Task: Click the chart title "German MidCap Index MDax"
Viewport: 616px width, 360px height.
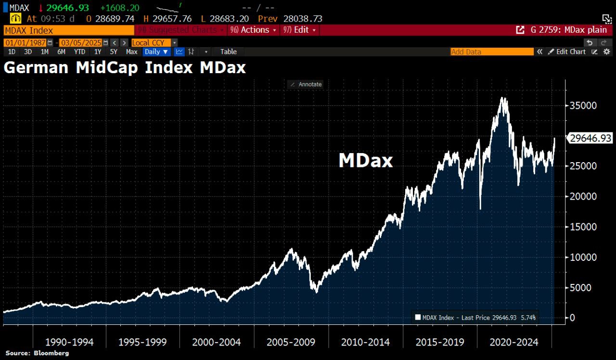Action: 125,67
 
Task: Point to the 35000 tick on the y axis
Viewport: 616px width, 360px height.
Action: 583,105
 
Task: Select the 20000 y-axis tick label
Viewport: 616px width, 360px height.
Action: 583,196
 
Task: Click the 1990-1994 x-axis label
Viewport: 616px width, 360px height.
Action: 69,342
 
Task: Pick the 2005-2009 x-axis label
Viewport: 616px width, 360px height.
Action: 291,342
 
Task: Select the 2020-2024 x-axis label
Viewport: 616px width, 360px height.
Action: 514,342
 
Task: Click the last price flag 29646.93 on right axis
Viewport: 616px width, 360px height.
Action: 590,139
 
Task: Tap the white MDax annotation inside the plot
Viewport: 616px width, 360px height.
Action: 366,161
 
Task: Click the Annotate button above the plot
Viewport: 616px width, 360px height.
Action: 305,84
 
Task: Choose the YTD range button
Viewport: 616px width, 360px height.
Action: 80,51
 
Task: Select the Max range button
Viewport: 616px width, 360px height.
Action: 131,51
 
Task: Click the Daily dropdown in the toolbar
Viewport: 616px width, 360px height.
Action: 156,51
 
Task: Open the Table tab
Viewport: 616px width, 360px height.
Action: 229,51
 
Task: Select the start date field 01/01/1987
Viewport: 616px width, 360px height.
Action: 25,42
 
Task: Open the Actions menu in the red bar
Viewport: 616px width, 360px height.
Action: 254,30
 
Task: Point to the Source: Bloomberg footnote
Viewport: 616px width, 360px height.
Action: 37,353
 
